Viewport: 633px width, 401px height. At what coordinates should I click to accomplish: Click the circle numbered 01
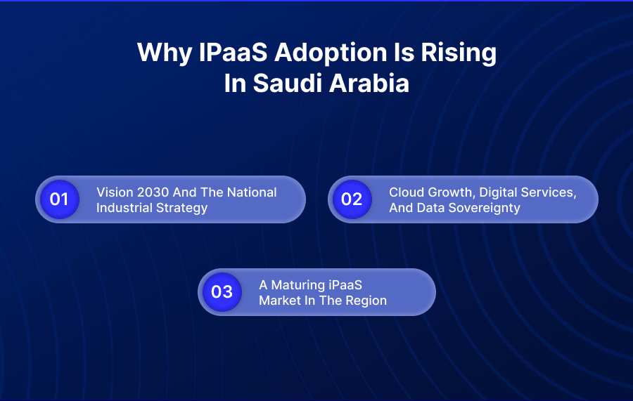click(x=59, y=199)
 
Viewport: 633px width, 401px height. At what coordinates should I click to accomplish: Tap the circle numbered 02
click(x=352, y=199)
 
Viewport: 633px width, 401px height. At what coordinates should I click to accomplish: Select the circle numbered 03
click(x=222, y=291)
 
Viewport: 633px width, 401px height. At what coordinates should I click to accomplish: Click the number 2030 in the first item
click(x=149, y=192)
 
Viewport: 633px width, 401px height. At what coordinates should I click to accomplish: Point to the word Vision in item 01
click(x=113, y=192)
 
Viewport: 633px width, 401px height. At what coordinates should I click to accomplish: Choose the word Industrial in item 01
click(x=123, y=208)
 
